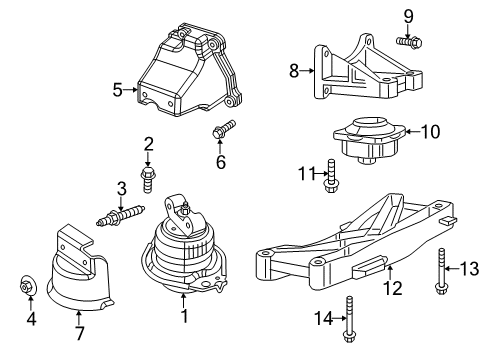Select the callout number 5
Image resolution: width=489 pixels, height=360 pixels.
pos(118,90)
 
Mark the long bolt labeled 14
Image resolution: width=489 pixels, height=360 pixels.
pos(349,323)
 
